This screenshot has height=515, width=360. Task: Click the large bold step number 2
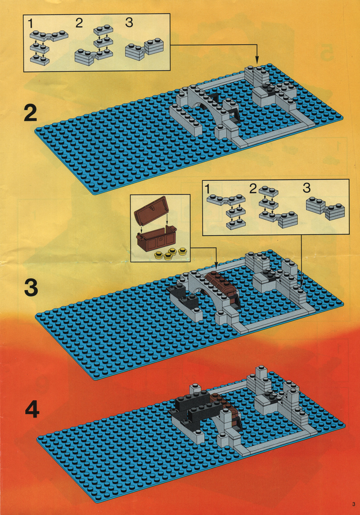click(31, 113)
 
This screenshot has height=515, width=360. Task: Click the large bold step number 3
click(31, 288)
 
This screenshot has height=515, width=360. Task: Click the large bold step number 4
click(32, 409)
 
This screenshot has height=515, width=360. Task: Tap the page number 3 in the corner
click(353, 504)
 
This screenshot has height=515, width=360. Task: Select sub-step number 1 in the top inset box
click(30, 24)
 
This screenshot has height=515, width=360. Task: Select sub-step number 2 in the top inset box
click(79, 23)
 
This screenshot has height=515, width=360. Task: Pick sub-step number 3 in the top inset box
click(129, 22)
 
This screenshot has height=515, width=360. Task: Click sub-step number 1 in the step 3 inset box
click(207, 189)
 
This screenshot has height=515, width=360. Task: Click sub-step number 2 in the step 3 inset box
click(253, 189)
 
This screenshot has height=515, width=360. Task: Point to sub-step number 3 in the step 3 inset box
click(306, 188)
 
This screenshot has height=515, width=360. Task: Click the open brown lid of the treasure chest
click(151, 210)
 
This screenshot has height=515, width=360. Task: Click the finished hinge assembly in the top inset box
click(144, 49)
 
